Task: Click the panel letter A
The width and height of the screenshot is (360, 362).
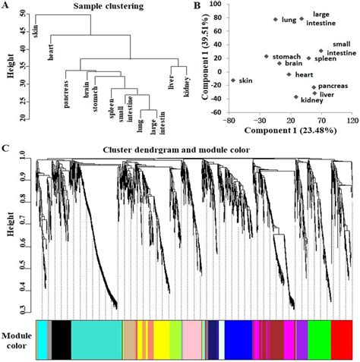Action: [x=8, y=8]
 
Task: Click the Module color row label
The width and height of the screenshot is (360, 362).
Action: [x=17, y=340]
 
